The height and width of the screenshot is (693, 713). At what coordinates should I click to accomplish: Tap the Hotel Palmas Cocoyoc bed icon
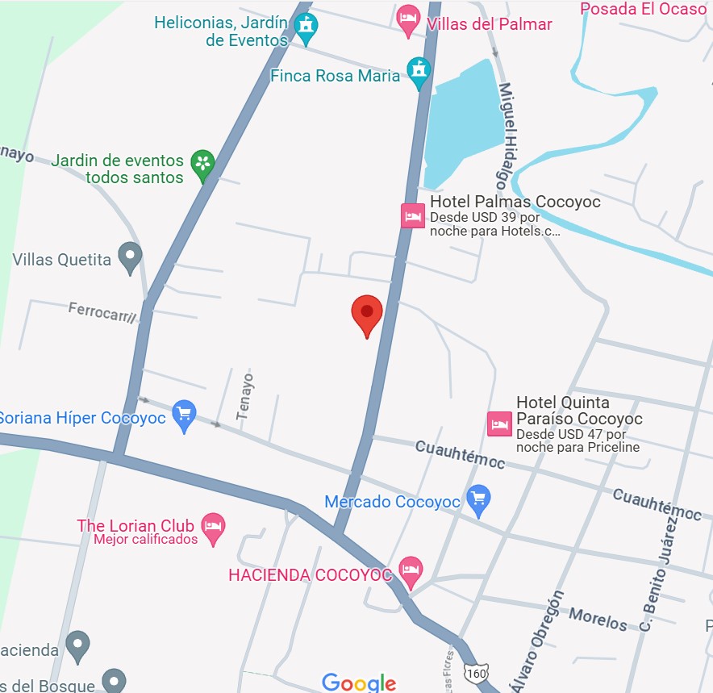(x=413, y=215)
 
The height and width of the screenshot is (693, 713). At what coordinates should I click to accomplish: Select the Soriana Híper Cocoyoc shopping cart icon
(x=185, y=415)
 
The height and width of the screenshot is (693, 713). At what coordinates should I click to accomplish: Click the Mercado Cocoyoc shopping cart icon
(x=479, y=500)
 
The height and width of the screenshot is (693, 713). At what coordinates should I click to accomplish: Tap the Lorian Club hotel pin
(x=213, y=528)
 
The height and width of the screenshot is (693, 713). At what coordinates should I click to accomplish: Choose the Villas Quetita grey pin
(x=130, y=257)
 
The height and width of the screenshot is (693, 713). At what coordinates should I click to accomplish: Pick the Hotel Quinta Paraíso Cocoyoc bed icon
(x=499, y=424)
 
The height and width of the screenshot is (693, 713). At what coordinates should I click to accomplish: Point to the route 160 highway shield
(x=477, y=673)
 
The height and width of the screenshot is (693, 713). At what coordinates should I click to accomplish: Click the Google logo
(x=359, y=683)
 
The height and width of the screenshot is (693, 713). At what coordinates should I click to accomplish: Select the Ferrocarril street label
(x=102, y=312)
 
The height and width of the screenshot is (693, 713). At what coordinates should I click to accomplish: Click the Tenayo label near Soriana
(x=244, y=395)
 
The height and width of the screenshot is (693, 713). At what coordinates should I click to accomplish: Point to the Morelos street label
(x=598, y=619)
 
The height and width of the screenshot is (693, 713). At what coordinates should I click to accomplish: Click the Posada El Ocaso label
(x=643, y=9)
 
